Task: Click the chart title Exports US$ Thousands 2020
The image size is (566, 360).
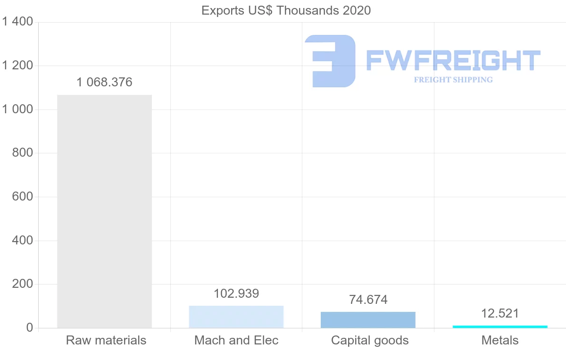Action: point(286,10)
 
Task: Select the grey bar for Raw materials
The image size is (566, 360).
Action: point(104,211)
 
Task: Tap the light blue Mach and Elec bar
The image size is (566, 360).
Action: point(236,317)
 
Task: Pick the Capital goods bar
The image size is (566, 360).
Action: point(368,320)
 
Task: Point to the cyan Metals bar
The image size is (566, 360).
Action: point(500,327)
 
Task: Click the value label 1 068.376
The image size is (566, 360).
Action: point(104,83)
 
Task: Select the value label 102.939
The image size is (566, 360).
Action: point(236,293)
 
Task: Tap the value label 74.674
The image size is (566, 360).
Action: point(368,300)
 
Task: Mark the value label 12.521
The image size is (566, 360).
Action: point(500,313)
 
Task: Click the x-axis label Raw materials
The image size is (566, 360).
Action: point(106,340)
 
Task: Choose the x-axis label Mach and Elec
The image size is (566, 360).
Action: point(236,340)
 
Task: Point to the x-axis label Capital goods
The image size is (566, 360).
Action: point(370,340)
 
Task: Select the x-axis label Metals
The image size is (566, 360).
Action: point(500,340)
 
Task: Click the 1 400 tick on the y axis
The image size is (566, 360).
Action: point(17,22)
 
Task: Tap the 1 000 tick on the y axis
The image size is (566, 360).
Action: point(17,109)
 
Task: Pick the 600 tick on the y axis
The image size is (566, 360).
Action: point(22,197)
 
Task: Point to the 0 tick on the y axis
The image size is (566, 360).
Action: point(29,328)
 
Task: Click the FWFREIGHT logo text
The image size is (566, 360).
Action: point(453,60)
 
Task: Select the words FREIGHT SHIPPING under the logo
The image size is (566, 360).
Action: point(453,80)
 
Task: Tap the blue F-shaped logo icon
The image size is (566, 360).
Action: point(330,61)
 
